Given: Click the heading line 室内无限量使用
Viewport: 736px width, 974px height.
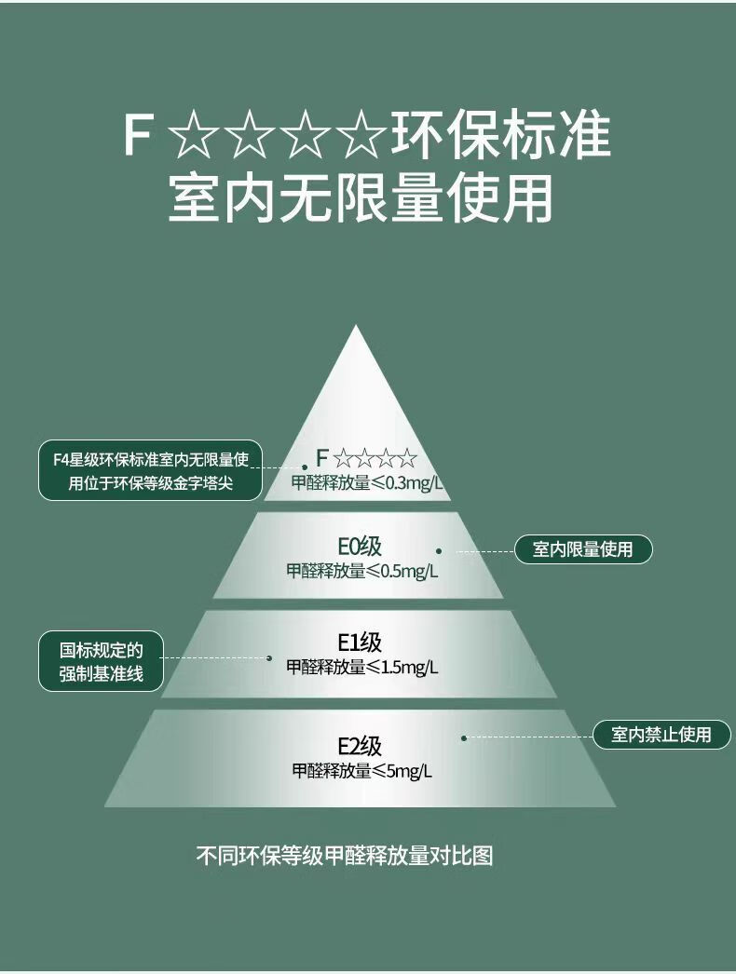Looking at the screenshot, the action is click(x=361, y=197).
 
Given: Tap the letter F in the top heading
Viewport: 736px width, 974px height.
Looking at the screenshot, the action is click(x=137, y=136).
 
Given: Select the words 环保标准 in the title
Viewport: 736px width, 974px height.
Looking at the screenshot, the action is click(x=500, y=136).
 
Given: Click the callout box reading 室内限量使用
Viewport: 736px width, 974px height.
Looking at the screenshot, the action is click(x=583, y=549).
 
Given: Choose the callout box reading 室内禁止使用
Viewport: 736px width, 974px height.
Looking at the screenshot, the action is click(x=661, y=735).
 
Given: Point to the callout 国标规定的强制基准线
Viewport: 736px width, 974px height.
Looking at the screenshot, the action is click(x=101, y=661).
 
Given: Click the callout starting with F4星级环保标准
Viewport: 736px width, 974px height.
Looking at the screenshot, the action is click(x=150, y=470).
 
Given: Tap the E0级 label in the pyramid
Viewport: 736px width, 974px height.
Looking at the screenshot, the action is click(x=360, y=548).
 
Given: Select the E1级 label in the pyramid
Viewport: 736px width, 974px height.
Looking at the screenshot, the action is click(x=360, y=643).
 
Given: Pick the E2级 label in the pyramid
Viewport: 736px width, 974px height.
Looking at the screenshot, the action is click(x=360, y=746).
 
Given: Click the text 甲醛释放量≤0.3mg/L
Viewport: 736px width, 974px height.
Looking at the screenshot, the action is click(x=367, y=482).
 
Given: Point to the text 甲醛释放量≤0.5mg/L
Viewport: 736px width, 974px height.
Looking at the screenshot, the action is click(x=361, y=571).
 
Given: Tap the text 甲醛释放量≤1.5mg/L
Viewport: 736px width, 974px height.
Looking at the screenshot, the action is click(x=361, y=667).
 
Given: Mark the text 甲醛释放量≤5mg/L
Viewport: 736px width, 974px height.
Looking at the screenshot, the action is click(x=361, y=770).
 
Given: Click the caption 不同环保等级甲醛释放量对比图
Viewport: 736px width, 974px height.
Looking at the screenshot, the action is click(x=344, y=855).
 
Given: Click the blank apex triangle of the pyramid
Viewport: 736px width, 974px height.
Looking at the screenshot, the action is click(x=356, y=391).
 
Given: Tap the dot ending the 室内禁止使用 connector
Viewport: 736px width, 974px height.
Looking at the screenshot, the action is click(x=464, y=737).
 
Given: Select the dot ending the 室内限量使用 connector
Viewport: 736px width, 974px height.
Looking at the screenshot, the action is click(x=439, y=551).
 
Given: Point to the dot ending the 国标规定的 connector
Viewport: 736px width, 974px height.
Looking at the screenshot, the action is click(x=269, y=658).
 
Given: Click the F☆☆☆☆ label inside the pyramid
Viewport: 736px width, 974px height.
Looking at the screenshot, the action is click(x=366, y=458).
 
